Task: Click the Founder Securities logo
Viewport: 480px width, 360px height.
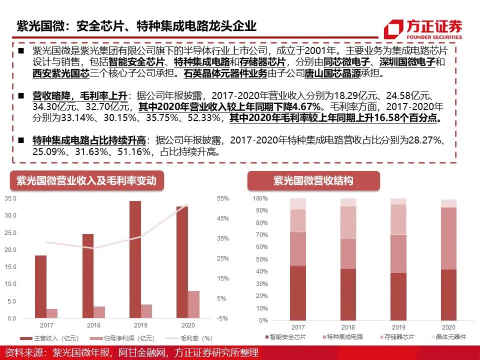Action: [x=423, y=29]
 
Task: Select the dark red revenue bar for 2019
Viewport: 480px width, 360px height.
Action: [x=135, y=259]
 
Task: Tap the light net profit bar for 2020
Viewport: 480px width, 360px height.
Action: [x=193, y=304]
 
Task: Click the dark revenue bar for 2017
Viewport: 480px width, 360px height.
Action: [x=40, y=286]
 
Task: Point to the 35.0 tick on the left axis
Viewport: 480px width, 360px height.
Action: [x=10, y=198]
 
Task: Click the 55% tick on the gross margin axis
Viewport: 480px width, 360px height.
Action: [x=223, y=198]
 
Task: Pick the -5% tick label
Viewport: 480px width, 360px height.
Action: [x=222, y=318]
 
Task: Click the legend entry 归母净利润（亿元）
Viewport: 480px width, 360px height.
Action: [x=122, y=338]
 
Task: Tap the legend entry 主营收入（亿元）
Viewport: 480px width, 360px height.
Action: [x=49, y=338]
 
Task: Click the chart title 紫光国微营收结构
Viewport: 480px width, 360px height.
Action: [x=313, y=180]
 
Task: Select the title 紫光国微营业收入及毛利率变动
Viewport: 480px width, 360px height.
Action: [x=86, y=180]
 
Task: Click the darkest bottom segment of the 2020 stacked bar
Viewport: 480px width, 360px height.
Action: [x=448, y=295]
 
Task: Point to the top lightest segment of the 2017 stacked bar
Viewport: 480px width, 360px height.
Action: [x=298, y=204]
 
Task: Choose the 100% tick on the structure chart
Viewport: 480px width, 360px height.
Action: [x=260, y=198]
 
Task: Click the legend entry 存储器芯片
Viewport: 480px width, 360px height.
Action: [x=397, y=337]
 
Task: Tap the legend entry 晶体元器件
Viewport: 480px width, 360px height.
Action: [x=448, y=337]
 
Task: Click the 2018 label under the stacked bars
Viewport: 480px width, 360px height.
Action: [x=348, y=327]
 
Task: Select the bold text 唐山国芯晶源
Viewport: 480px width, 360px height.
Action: [x=332, y=73]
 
